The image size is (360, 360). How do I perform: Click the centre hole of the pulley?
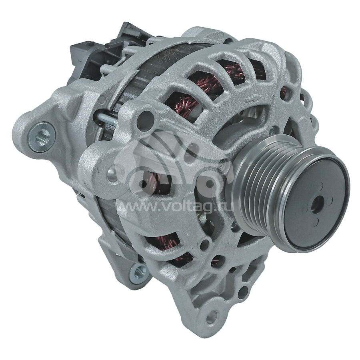pos(317,204)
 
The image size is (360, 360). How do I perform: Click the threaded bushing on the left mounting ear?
pos(42,137)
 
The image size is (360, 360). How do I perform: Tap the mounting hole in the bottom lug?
pos(212,317)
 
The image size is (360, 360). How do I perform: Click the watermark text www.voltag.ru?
pos(174,207)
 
